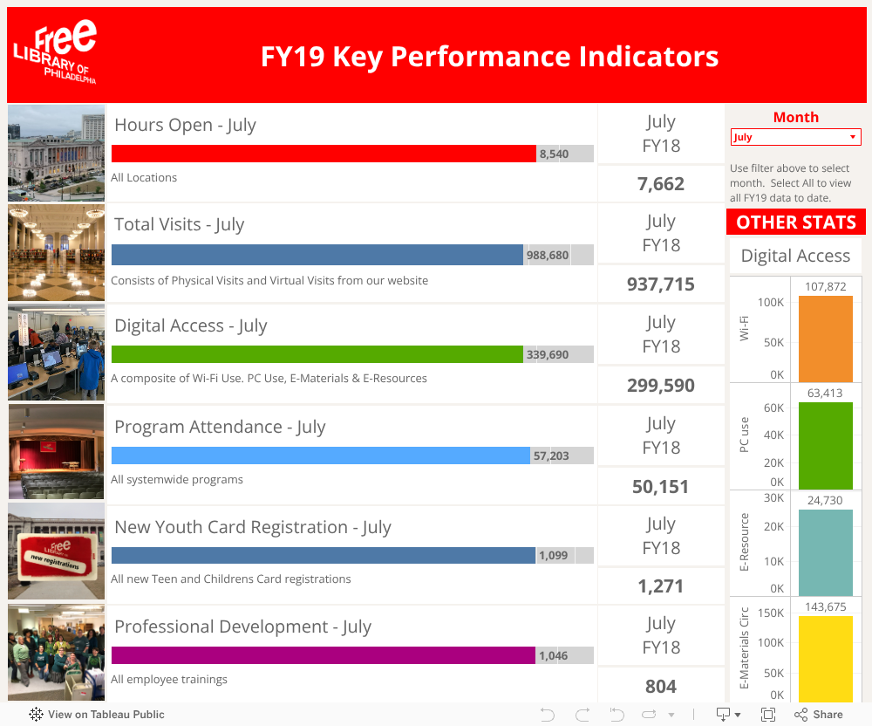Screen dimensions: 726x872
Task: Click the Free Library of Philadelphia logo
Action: click(x=56, y=54)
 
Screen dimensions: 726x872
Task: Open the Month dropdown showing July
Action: click(x=795, y=137)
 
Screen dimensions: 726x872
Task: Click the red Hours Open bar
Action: click(x=324, y=154)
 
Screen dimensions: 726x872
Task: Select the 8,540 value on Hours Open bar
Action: click(x=555, y=154)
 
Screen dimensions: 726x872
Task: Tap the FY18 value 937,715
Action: click(x=661, y=284)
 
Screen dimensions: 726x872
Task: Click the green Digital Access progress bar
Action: click(x=317, y=354)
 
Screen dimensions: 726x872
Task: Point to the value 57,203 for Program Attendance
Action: click(x=551, y=455)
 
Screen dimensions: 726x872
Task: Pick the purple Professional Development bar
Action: click(x=324, y=655)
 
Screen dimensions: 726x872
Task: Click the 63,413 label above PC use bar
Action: click(x=825, y=393)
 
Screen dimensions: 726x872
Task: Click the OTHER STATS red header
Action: click(x=796, y=223)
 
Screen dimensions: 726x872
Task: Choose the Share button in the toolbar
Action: click(x=818, y=715)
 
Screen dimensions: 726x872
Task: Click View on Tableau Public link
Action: click(x=97, y=715)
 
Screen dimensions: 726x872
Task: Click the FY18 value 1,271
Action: click(x=661, y=586)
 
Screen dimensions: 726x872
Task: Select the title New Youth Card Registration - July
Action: click(x=253, y=527)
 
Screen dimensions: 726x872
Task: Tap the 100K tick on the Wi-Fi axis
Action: click(x=771, y=303)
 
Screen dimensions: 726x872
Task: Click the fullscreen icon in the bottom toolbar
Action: click(x=768, y=715)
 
